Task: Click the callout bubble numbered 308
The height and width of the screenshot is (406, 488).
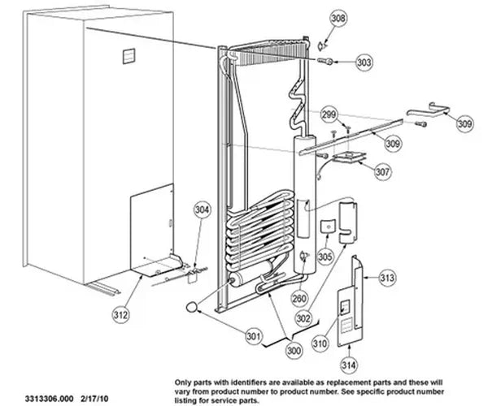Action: click(x=338, y=18)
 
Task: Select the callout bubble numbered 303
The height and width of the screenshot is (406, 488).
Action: click(x=364, y=63)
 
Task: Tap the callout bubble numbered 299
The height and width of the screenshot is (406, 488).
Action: click(x=329, y=114)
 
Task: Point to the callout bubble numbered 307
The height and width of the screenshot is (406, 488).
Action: click(x=382, y=171)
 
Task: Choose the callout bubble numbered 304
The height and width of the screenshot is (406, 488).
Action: click(x=203, y=210)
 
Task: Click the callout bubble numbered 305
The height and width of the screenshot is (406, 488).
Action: click(x=325, y=257)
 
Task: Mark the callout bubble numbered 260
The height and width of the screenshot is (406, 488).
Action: click(x=299, y=299)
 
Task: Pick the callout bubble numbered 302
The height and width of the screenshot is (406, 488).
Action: click(x=303, y=317)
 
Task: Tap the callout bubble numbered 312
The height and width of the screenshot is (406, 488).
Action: click(x=120, y=315)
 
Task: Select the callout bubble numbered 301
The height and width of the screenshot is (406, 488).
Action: click(x=255, y=336)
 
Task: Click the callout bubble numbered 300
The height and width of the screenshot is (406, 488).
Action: click(x=294, y=351)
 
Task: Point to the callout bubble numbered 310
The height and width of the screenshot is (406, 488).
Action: click(x=320, y=343)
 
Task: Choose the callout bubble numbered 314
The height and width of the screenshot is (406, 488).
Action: click(x=349, y=365)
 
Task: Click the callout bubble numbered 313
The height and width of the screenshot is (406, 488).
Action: click(x=387, y=278)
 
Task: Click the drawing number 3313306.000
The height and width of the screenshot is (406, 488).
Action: click(x=49, y=398)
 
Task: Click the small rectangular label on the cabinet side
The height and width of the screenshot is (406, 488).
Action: click(x=129, y=56)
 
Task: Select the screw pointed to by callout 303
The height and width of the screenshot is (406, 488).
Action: click(x=325, y=61)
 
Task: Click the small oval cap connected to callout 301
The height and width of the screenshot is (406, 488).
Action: click(x=192, y=307)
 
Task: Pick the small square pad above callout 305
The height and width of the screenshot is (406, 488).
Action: click(x=328, y=227)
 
